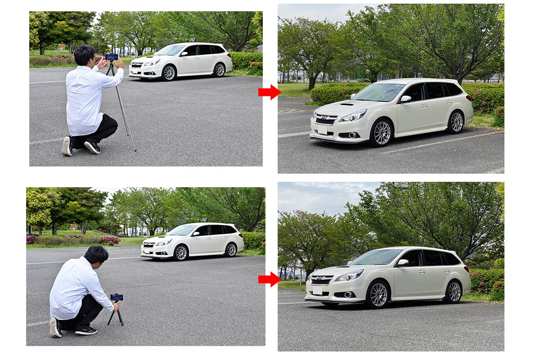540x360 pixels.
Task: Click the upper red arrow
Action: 269,92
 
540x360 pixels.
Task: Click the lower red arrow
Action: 269,279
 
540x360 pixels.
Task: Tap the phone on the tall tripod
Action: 111,57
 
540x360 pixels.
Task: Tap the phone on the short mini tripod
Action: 117,297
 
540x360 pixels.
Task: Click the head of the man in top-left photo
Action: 85,55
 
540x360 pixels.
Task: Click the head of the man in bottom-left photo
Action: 96,255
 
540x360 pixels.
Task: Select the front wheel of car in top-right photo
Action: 382,133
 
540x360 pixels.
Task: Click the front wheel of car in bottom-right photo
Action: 378,295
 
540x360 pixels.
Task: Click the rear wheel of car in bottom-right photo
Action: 453,292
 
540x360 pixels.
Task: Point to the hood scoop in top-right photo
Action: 346,104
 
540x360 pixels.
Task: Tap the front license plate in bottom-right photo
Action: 318,291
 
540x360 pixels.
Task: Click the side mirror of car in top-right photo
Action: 405,99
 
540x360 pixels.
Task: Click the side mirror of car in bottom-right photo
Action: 402,262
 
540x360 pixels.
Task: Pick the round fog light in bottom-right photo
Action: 348,295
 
